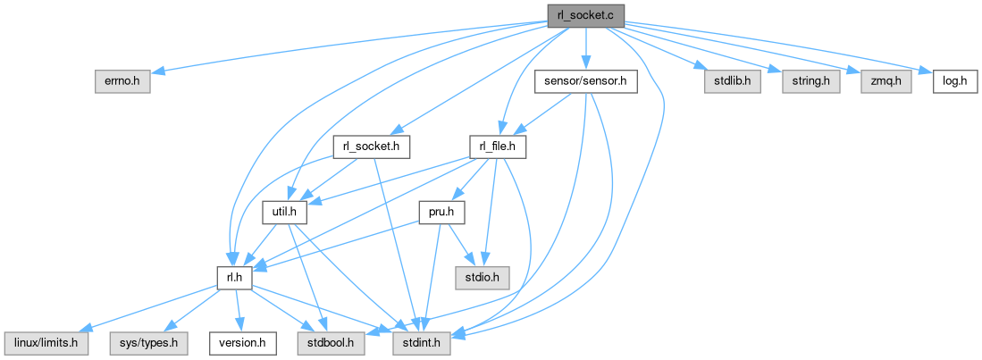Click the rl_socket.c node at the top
point(585,15)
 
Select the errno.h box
point(122,81)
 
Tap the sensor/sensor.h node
point(585,81)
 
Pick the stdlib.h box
point(719,81)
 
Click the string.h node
point(810,81)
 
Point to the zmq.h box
point(886,81)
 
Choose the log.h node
point(955,81)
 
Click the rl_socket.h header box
point(371,147)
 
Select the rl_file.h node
point(498,147)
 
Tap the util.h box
point(285,213)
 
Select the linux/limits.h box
point(46,343)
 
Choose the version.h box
point(238,343)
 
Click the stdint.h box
point(419,343)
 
